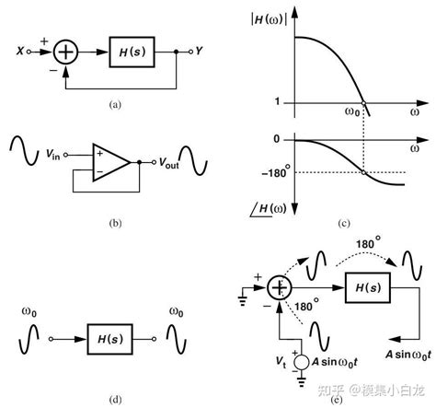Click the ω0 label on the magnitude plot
(x=352, y=113)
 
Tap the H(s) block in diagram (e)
(x=367, y=288)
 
